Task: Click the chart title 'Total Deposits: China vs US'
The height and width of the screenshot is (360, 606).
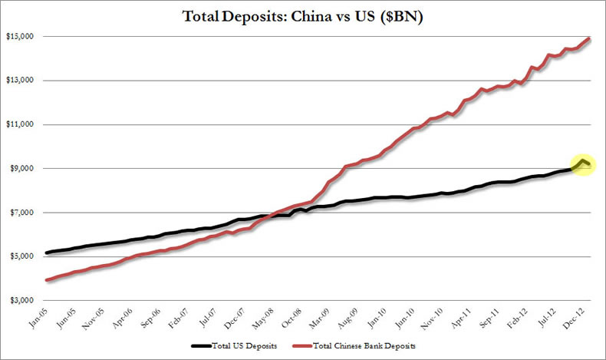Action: tap(304, 15)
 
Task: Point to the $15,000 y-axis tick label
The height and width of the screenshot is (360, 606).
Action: tap(21, 37)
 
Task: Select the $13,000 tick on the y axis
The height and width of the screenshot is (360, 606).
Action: tap(21, 81)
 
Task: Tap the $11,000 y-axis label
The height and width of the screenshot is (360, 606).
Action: tap(21, 124)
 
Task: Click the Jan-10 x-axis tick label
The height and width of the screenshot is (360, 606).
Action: tap(379, 318)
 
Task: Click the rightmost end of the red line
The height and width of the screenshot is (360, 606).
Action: tap(589, 38)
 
